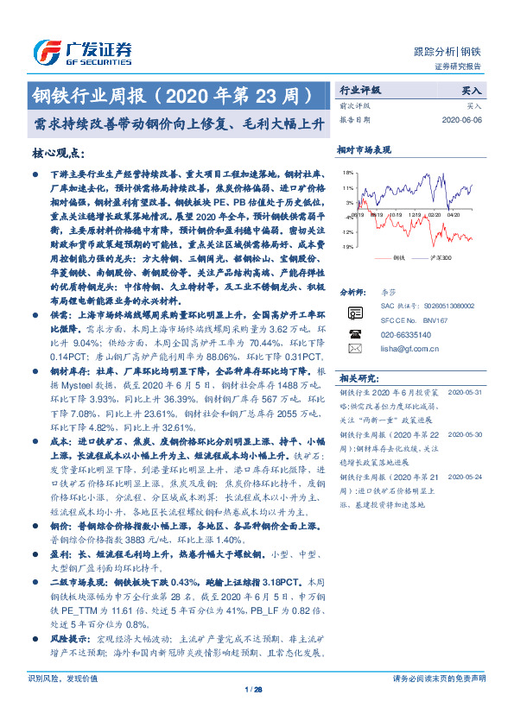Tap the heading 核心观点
(x=59, y=153)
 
